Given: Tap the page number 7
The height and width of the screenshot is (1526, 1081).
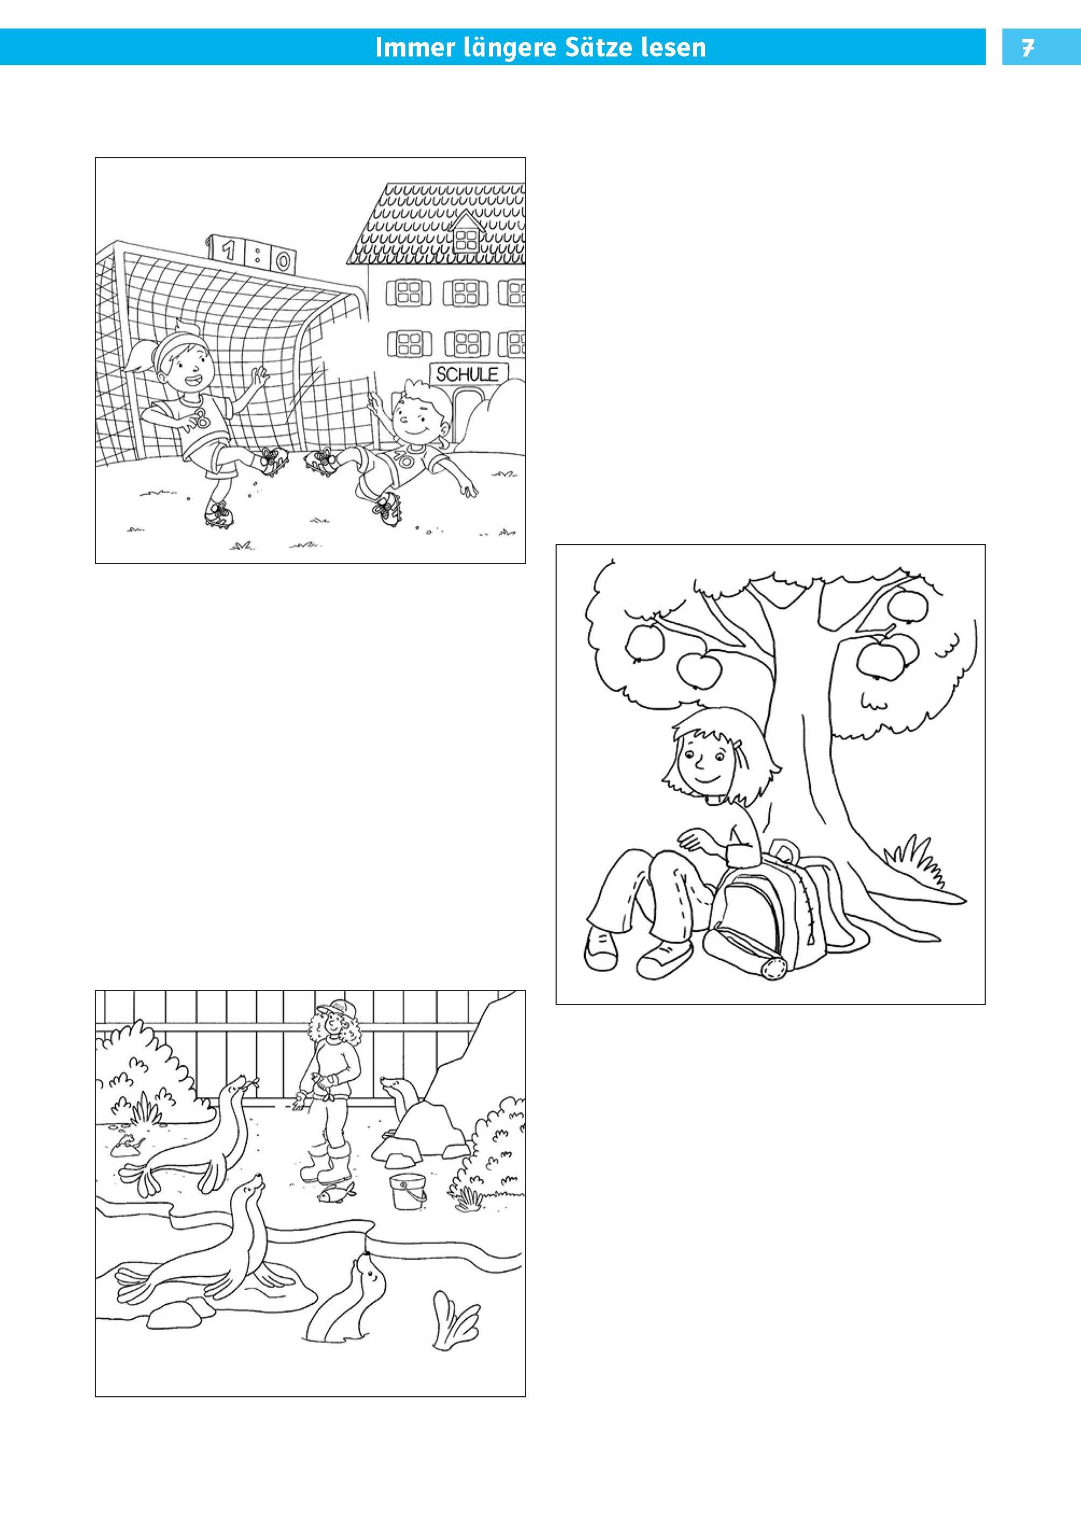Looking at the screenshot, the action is [x=1028, y=48].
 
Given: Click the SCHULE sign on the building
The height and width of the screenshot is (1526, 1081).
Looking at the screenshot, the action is [x=467, y=374].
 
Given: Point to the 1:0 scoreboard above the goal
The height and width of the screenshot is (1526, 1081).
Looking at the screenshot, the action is [x=251, y=254].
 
